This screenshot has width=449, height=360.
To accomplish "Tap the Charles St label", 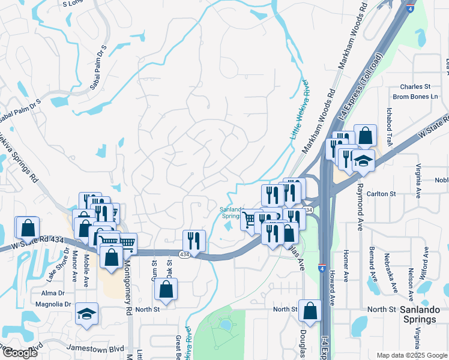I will (415, 86).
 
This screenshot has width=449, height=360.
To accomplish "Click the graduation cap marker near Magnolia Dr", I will (86, 314).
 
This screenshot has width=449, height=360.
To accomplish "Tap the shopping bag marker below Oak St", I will (165, 290).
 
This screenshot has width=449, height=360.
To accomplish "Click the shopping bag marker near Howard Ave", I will (310, 311).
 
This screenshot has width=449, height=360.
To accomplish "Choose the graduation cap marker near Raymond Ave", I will (363, 161).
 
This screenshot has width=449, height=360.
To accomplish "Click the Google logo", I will (20, 353).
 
